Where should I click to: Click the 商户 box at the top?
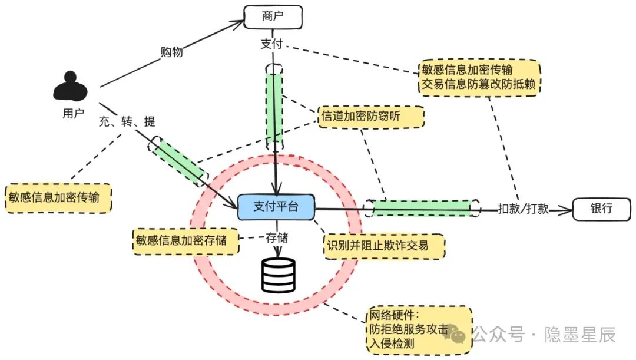pos(273,16)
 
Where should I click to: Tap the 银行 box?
pos(601,209)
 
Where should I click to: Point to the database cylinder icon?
pos(278,275)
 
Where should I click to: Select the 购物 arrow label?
pos(171,52)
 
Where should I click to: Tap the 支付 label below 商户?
pos(272,44)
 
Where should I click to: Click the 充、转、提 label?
pos(127,121)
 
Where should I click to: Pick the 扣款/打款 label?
pos(523,209)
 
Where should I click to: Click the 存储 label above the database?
pos(277,238)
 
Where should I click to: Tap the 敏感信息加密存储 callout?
pos(185,241)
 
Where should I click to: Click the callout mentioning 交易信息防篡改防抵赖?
pos(481,77)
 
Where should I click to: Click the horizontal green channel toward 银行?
pos(422,207)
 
